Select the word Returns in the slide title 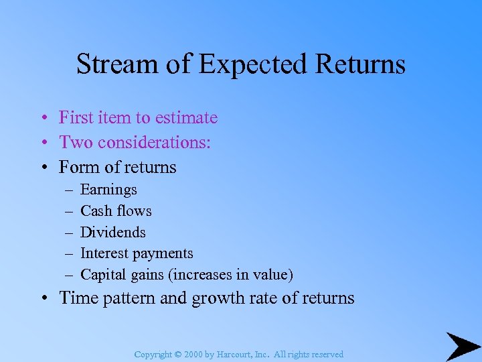pos(361,64)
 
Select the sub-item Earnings pos(108,190)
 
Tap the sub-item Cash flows pos(116,211)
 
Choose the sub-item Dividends pos(112,233)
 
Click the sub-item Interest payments pos(137,253)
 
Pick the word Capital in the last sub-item pos(102,275)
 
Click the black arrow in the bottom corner pos(463,347)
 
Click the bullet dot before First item pos(42,119)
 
